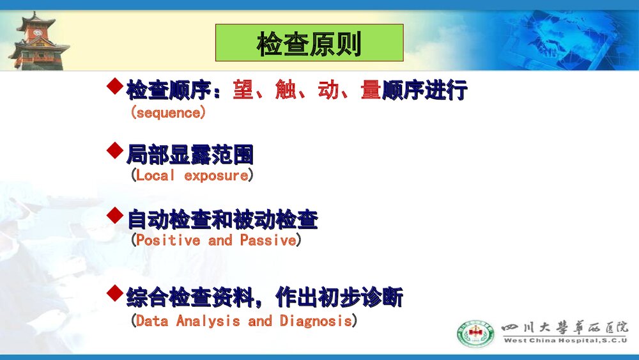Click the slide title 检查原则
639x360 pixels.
[309, 44]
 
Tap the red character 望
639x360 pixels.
[243, 90]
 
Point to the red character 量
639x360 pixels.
[371, 90]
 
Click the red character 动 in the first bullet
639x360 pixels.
[328, 90]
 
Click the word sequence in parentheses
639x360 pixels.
[168, 113]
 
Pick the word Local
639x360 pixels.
[155, 175]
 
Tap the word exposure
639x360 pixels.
[215, 175]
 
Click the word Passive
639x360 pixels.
[268, 240]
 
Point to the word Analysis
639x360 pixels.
[209, 320]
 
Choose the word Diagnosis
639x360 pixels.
[316, 320]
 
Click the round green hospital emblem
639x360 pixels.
[475, 333]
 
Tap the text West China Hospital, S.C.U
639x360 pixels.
[566, 340]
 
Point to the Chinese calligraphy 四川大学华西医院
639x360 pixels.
[565, 327]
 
